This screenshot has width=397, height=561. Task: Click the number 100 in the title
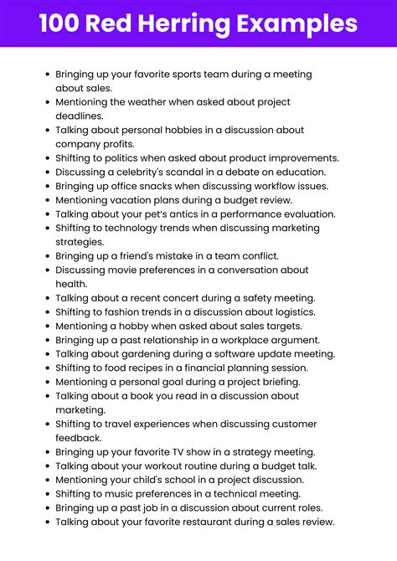coord(61,23)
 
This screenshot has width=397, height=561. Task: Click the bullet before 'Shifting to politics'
coord(47,157)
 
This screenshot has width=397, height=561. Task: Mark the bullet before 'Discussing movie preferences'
coord(47,270)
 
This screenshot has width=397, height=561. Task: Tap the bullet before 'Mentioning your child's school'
coord(47,480)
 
